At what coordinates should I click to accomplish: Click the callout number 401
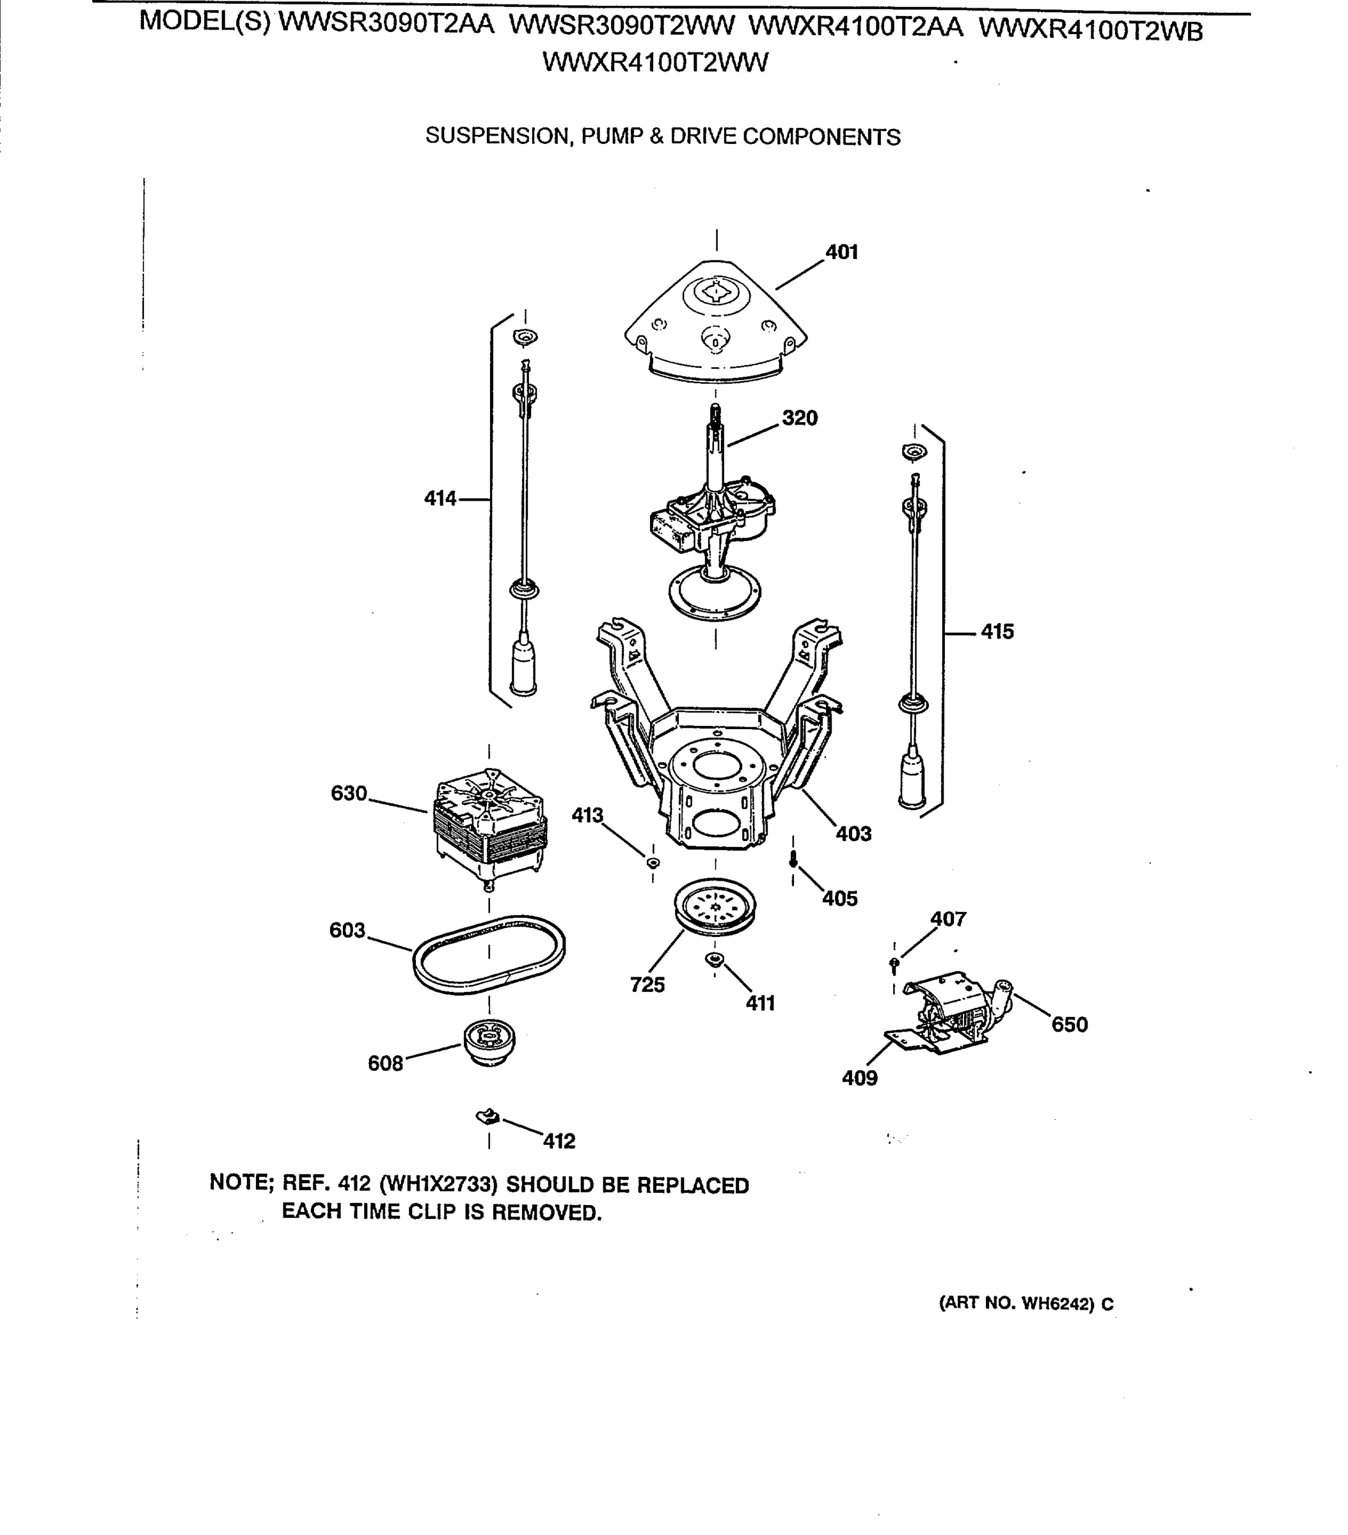tap(841, 253)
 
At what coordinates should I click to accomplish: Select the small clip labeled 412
tap(488, 1117)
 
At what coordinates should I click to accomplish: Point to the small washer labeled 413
tap(652, 862)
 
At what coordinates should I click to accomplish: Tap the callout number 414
tap(440, 499)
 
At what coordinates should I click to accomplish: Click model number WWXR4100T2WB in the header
tap(1090, 30)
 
